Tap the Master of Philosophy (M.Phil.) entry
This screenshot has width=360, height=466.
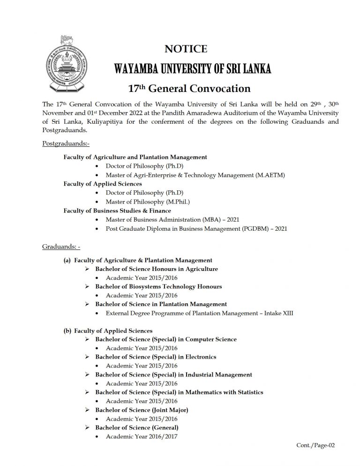click(x=148, y=202)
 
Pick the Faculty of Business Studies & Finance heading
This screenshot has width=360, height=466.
click(x=117, y=211)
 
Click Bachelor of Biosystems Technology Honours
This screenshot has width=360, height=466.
click(x=158, y=286)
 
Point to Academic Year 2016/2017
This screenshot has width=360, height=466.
click(x=142, y=436)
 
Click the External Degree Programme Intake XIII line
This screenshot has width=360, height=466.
click(x=199, y=313)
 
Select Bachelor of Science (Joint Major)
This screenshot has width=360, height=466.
click(x=142, y=410)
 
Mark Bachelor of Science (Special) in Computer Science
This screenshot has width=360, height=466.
click(x=166, y=339)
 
